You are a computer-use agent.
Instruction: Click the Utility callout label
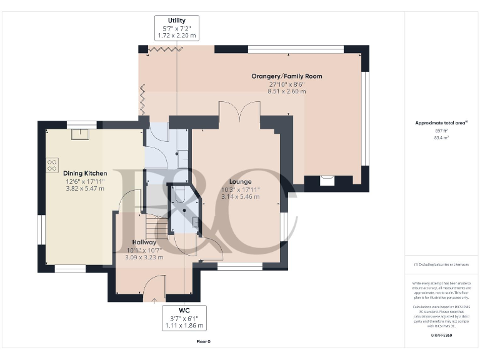(177, 21)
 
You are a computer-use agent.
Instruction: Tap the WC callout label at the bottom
(184, 311)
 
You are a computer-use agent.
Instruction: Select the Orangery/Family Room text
(286, 76)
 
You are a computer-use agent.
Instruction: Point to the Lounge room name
(240, 182)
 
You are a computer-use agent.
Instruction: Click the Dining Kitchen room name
(85, 172)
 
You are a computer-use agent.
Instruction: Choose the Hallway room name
(144, 242)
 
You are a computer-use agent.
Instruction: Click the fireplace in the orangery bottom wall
(327, 181)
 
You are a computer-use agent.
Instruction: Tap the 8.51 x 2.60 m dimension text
(286, 91)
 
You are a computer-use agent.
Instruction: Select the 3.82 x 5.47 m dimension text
(85, 187)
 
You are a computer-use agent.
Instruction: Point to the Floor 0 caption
(203, 342)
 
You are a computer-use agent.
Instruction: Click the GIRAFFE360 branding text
(442, 336)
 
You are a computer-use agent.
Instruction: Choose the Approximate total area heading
(441, 123)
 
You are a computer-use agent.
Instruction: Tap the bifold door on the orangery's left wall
(143, 99)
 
